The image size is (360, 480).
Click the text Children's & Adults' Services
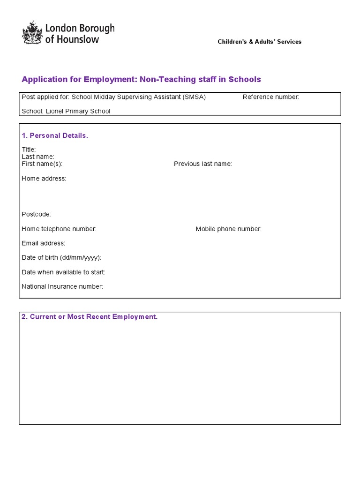pyautogui.click(x=259, y=42)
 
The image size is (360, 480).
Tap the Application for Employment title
pyautogui.click(x=141, y=79)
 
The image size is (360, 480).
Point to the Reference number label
pyautogui.click(x=270, y=97)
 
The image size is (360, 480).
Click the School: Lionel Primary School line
pyautogui.click(x=66, y=111)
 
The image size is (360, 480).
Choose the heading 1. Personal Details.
pyautogui.click(x=55, y=135)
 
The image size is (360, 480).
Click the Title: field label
pyautogui.click(x=29, y=150)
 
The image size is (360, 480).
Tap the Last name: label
pyautogui.click(x=38, y=157)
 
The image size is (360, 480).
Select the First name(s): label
pyautogui.click(x=42, y=164)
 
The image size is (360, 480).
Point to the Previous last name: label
pyautogui.click(x=202, y=164)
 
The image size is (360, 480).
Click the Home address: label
pyautogui.click(x=44, y=179)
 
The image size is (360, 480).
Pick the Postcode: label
pyautogui.click(x=36, y=214)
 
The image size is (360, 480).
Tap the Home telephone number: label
pyautogui.click(x=59, y=229)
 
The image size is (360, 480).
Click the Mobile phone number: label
pyautogui.click(x=228, y=229)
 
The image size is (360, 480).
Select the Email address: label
pyautogui.click(x=44, y=243)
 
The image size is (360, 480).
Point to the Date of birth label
pyautogui.click(x=61, y=257)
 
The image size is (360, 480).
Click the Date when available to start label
pyautogui.click(x=63, y=272)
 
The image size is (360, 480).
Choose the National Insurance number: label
pyautogui.click(x=62, y=286)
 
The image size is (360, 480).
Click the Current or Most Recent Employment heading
pyautogui.click(x=90, y=317)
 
